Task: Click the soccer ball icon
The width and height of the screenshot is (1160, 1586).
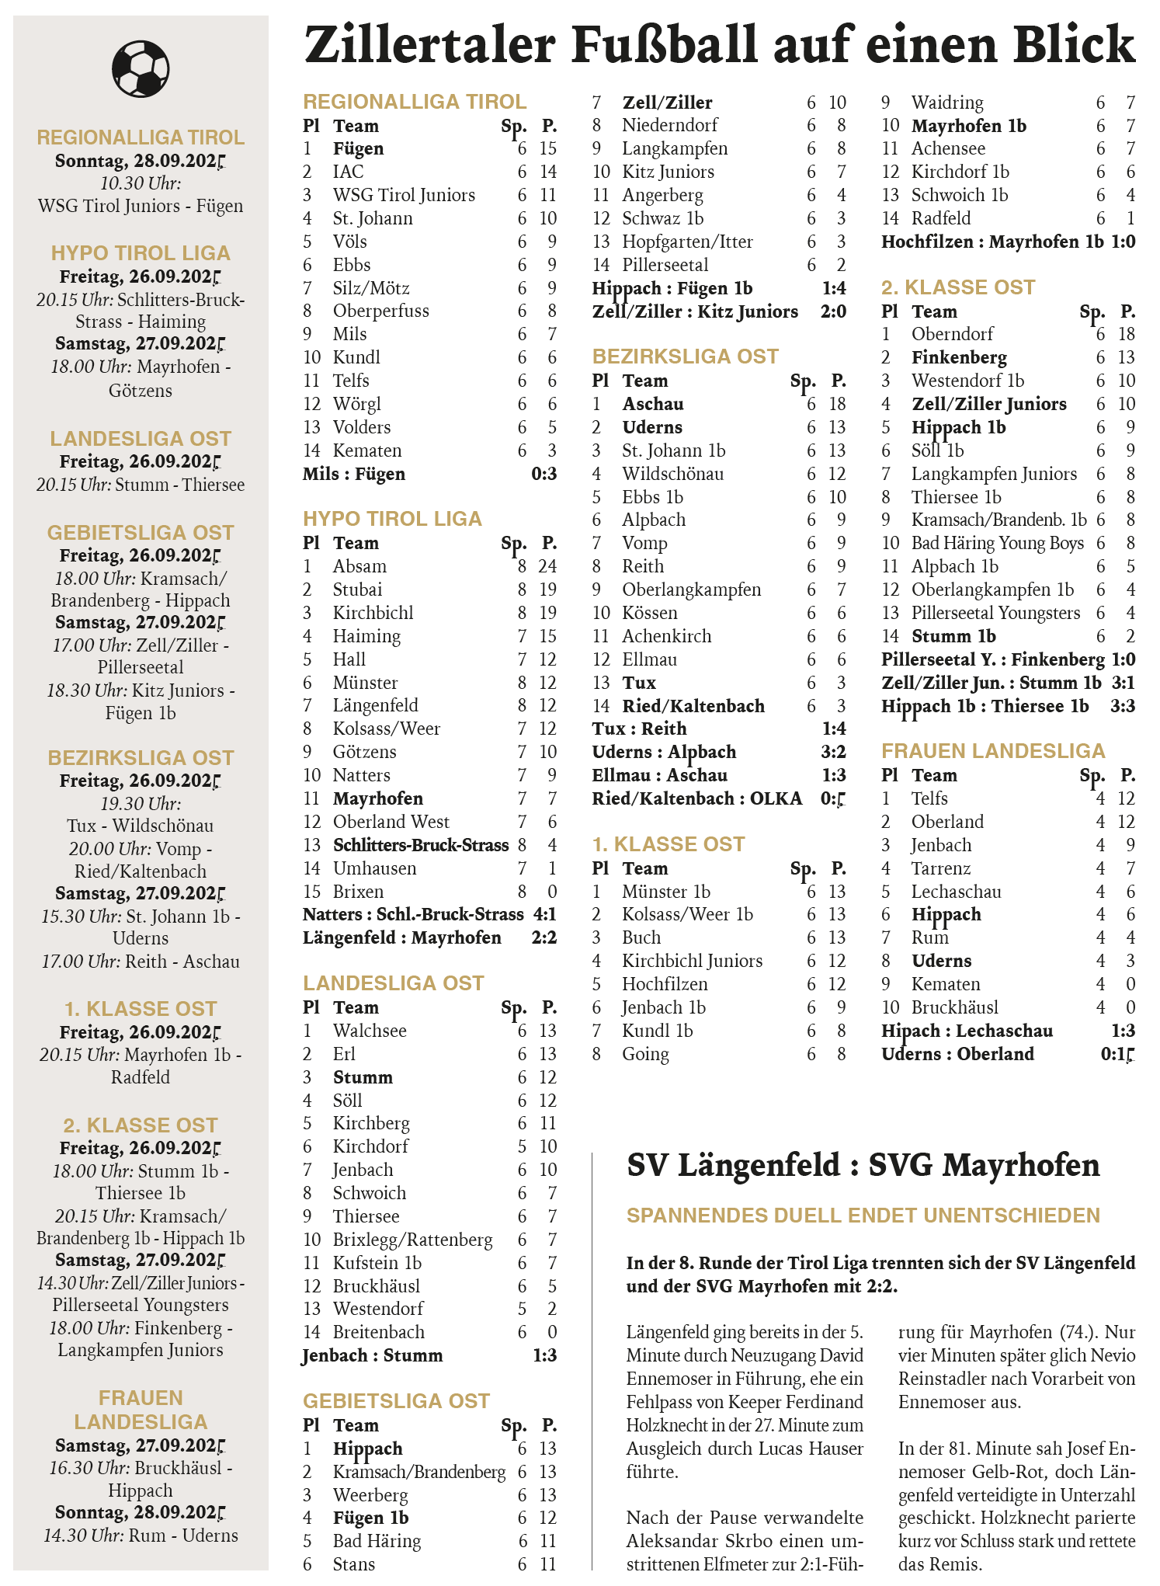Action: click(141, 68)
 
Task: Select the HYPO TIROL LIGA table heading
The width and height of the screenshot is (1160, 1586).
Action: click(392, 519)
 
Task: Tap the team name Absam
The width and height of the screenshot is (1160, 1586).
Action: click(359, 566)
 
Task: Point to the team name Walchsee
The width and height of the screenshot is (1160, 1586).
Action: click(370, 1031)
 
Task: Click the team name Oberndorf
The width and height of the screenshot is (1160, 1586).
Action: click(952, 334)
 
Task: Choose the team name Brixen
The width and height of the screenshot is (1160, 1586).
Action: click(358, 892)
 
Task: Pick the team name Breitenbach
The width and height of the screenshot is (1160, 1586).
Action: click(379, 1332)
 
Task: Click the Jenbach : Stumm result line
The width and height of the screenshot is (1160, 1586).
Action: click(373, 1355)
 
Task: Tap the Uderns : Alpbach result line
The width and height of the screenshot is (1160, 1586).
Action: click(664, 752)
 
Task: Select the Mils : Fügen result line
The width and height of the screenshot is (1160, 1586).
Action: click(354, 474)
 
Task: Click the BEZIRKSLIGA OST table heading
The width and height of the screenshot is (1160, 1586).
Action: click(685, 357)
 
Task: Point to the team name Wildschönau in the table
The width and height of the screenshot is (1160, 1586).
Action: click(672, 474)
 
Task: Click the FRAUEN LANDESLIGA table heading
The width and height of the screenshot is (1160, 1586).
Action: click(993, 751)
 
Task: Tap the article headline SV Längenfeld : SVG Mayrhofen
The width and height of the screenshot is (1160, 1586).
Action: click(863, 1165)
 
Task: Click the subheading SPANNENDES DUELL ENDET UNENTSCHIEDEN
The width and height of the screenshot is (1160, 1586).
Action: click(863, 1216)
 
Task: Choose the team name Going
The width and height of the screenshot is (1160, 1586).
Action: click(645, 1054)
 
